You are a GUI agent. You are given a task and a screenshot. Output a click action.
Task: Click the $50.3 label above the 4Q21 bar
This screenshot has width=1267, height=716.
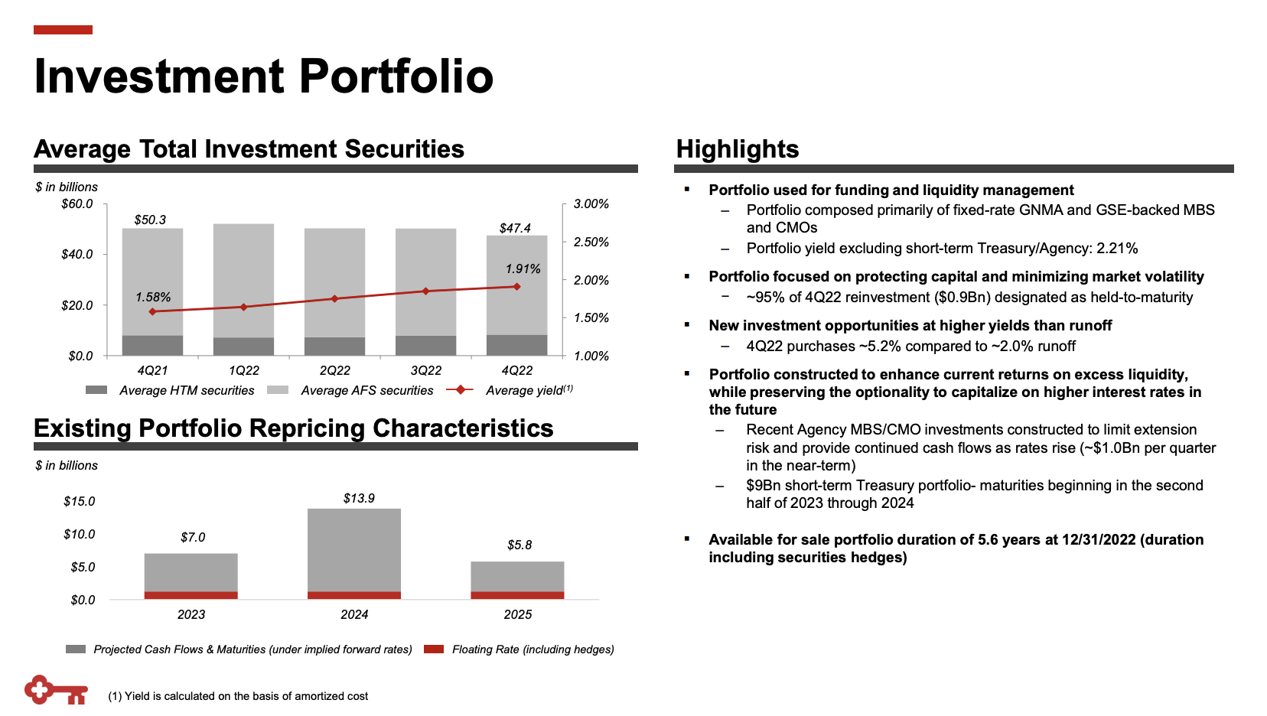tap(150, 220)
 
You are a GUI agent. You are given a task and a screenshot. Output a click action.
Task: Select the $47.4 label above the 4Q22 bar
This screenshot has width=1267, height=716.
tap(515, 228)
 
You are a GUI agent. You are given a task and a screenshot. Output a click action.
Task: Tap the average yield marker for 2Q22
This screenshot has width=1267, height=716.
tap(334, 298)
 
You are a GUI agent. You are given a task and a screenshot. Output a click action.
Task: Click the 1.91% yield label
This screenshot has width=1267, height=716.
tap(523, 268)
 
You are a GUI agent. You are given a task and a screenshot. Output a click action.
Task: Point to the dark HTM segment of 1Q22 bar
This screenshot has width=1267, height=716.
tap(243, 346)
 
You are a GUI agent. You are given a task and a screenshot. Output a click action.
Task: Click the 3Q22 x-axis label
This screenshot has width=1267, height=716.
tap(426, 370)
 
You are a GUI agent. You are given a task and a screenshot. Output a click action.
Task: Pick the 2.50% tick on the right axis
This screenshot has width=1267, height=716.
tap(591, 242)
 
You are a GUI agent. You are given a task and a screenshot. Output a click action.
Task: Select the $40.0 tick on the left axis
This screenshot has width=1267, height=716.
tap(77, 254)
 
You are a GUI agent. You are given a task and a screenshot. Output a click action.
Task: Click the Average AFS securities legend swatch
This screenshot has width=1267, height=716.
tap(278, 390)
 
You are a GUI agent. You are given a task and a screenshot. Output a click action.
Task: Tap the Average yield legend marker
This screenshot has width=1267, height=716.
tap(460, 390)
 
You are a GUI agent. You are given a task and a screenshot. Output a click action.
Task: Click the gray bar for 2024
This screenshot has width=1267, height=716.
tap(354, 549)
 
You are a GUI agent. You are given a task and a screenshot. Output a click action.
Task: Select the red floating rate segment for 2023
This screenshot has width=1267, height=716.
tap(191, 595)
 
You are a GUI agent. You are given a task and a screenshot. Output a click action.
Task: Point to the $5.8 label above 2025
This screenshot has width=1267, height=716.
tap(520, 545)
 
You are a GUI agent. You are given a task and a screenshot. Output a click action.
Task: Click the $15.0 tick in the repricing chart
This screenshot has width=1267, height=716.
tap(80, 501)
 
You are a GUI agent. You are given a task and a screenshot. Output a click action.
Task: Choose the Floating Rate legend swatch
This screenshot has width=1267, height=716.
tap(434, 649)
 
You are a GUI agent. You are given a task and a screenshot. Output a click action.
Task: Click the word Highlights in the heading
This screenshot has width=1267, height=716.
tap(738, 148)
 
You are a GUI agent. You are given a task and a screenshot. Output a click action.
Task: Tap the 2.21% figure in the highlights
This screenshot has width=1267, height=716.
tap(1117, 248)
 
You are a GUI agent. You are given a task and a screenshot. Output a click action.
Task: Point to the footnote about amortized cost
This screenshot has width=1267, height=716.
tap(238, 696)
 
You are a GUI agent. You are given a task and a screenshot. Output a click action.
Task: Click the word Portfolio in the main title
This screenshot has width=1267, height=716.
tap(396, 76)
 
